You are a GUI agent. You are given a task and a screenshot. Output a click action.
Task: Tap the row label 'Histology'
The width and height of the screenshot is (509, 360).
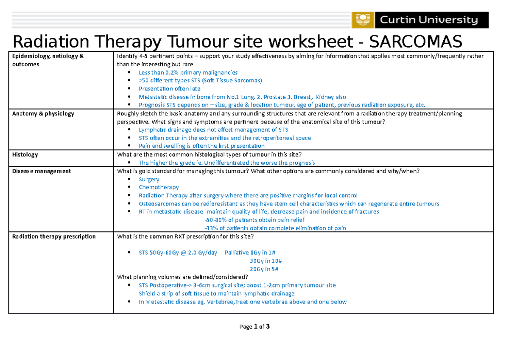point(25,155)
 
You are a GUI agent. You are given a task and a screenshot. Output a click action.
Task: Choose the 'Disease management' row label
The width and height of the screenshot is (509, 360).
point(42,171)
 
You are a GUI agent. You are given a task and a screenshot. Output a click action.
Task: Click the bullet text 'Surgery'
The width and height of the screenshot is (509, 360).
point(149,179)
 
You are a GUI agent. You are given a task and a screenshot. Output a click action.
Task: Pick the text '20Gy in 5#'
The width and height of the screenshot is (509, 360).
point(264,269)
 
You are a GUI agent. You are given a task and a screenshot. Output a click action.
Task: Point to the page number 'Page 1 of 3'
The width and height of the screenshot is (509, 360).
point(255,326)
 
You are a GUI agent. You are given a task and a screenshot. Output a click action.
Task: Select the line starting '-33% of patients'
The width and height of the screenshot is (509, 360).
point(275,228)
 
